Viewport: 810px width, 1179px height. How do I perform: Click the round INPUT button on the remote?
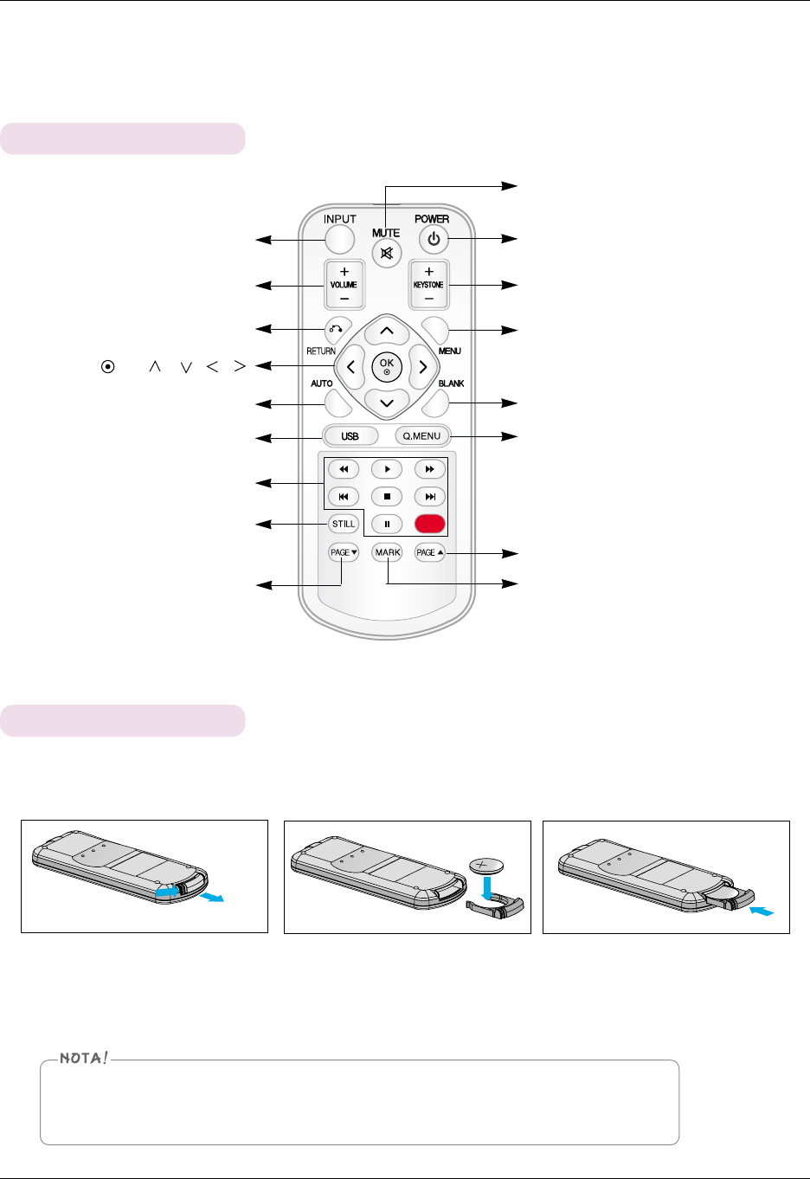[340, 239]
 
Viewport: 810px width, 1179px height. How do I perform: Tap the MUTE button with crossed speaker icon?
[387, 254]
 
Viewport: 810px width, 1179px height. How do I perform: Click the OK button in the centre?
[387, 367]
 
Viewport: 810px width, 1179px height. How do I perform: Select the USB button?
[350, 436]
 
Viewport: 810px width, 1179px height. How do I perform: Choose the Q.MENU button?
[421, 436]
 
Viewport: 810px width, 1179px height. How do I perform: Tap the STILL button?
[344, 524]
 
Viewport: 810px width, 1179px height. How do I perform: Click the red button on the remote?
[430, 524]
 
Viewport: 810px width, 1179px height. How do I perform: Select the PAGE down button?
[344, 552]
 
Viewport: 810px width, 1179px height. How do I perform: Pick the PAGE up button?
[430, 552]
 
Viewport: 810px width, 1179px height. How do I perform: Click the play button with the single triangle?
[387, 469]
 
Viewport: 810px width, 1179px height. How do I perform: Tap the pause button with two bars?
[387, 524]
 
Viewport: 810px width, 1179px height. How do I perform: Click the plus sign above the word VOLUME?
[344, 272]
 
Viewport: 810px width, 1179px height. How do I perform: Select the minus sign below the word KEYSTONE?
[429, 299]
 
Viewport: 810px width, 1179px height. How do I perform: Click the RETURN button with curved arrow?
[337, 329]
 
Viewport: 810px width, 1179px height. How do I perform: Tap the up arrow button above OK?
[387, 331]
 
